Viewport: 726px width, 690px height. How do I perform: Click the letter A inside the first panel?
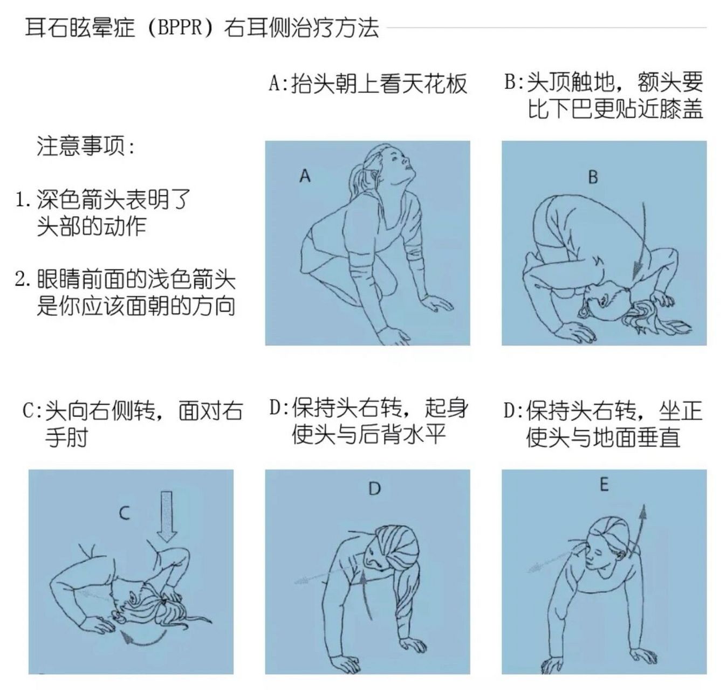[305, 176]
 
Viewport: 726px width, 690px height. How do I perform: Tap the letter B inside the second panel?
[593, 177]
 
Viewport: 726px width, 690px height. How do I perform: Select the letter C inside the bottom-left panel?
[125, 513]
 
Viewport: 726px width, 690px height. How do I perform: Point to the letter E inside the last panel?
[604, 485]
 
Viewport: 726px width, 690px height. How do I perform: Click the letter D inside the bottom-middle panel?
[374, 489]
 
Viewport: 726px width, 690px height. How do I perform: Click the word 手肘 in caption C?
[66, 437]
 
